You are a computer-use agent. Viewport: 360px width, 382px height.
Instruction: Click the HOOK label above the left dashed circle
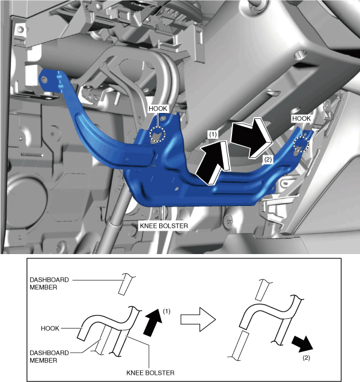point(157,109)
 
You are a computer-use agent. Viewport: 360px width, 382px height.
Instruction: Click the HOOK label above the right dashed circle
point(302,119)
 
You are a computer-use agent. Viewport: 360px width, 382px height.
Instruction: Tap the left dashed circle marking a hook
point(157,134)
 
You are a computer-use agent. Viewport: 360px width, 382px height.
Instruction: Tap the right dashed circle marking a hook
point(301,144)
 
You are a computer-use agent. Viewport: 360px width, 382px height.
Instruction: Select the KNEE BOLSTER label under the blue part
point(164,226)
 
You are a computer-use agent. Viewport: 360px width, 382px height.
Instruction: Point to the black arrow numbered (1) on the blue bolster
point(213,163)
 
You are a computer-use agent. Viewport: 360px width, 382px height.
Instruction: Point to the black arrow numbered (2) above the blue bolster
point(251,138)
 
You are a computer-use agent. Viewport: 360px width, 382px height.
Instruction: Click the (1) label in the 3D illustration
point(213,134)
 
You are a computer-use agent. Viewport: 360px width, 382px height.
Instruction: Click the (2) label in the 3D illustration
point(267,160)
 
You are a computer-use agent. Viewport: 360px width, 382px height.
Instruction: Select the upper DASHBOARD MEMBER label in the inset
point(49,283)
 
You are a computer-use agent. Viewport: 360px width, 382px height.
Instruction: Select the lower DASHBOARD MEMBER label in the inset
point(49,356)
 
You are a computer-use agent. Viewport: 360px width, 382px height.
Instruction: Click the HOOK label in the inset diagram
point(50,329)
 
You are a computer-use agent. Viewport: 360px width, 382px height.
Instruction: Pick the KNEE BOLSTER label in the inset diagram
point(150,373)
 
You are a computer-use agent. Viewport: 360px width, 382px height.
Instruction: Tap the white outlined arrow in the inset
point(198,320)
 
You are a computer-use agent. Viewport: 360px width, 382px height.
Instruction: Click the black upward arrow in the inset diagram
point(152,323)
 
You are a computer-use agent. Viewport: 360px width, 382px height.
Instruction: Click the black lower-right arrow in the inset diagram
point(302,344)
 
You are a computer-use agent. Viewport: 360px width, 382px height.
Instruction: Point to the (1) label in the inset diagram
point(166,311)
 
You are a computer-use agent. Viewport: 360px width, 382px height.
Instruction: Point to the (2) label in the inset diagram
point(306,357)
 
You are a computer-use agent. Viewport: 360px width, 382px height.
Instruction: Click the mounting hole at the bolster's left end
point(44,79)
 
